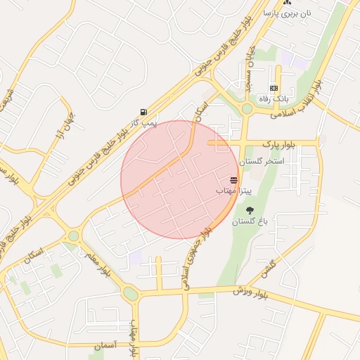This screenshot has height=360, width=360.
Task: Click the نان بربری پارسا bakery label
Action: (x=288, y=13)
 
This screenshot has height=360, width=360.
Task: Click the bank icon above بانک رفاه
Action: (x=274, y=88)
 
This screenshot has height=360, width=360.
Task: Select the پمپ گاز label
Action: (x=149, y=122)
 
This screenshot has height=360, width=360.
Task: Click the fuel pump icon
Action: (x=143, y=112)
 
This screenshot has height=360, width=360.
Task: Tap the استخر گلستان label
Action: (x=261, y=162)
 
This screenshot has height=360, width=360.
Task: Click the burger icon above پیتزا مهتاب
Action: (x=234, y=181)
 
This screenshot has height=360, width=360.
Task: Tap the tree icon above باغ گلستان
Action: (x=250, y=210)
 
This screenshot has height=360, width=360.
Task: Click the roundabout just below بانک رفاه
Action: (x=247, y=109)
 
